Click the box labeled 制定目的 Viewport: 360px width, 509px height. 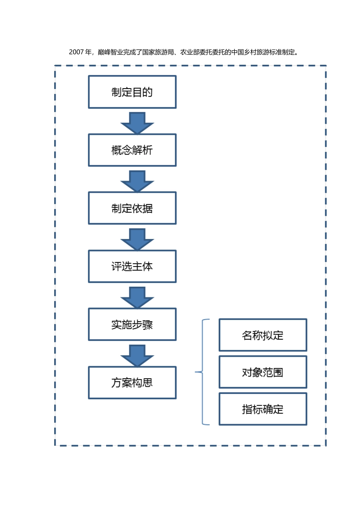[132, 92]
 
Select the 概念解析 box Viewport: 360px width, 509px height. [132, 150]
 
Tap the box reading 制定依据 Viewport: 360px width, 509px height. [132, 208]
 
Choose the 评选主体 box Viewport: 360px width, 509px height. [132, 266]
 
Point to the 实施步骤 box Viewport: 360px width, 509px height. [132, 325]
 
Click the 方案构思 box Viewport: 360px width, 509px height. [132, 383]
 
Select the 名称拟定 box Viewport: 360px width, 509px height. [263, 335]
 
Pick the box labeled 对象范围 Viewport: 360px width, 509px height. [263, 372]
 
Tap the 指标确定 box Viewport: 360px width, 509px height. [263, 409]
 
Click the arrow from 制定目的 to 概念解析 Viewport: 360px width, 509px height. [137, 123]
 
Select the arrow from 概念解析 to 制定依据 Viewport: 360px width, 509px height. [137, 181]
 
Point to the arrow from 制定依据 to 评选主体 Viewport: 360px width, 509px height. [137, 239]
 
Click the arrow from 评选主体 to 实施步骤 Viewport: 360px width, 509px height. [137, 297]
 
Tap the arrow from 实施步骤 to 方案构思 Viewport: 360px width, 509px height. [137, 355]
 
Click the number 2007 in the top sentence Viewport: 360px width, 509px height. [76, 52]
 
